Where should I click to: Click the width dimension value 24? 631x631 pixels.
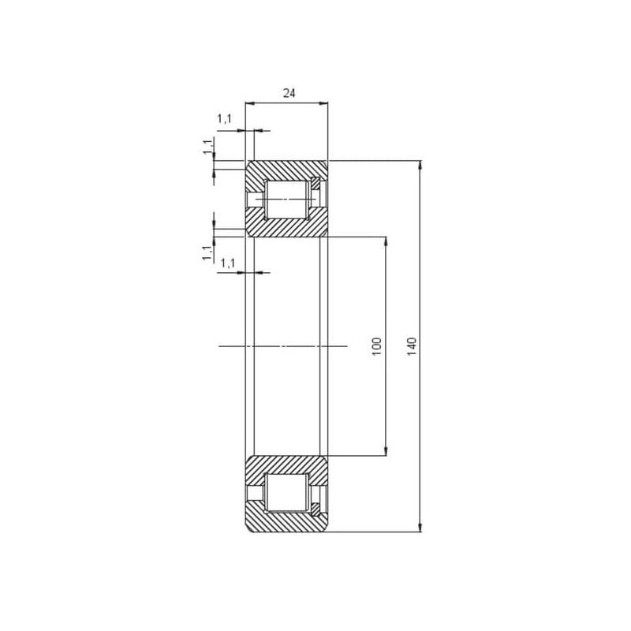(x=289, y=93)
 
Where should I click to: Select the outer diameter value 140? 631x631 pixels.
(x=412, y=346)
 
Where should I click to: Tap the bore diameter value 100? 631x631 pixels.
(x=377, y=346)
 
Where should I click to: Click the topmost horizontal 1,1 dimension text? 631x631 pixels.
(x=225, y=119)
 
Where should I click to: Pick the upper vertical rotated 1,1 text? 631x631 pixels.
(x=208, y=147)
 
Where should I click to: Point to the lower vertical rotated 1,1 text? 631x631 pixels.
(x=207, y=252)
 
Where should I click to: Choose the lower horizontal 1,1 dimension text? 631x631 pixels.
(x=228, y=263)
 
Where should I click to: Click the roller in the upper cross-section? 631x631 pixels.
(x=286, y=200)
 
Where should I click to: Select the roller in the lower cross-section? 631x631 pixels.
(x=286, y=492)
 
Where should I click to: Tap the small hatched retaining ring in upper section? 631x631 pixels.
(x=316, y=184)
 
